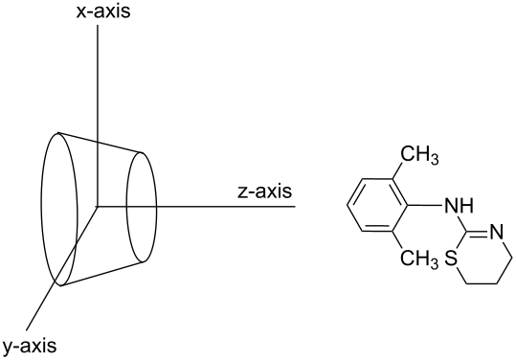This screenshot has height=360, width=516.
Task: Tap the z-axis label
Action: coord(263,191)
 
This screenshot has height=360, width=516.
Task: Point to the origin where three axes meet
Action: coord(98,205)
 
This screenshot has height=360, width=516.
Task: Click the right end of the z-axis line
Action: coord(294,205)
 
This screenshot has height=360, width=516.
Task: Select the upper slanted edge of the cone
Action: coord(101,141)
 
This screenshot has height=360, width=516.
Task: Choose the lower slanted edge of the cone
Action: coord(101,270)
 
